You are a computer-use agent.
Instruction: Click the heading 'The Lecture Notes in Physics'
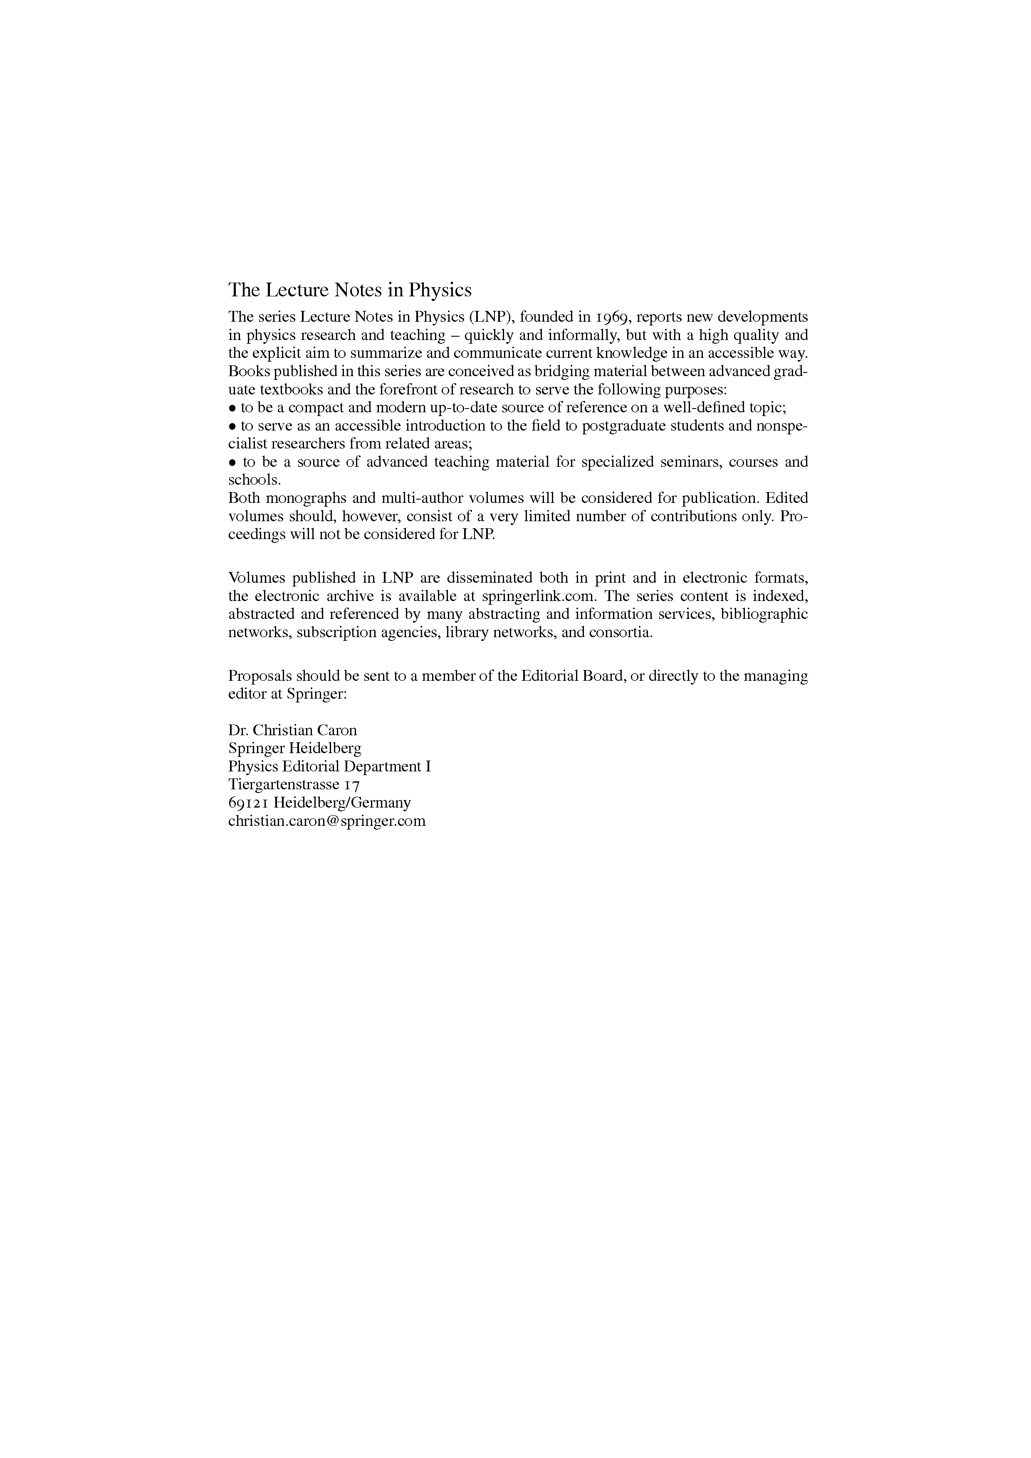pos(350,290)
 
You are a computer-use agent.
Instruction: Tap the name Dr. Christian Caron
pos(292,730)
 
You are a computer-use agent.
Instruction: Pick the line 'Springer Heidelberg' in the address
pos(295,749)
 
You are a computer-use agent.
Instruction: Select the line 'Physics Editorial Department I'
pos(329,766)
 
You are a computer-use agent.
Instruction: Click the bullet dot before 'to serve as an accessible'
pos(232,426)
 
